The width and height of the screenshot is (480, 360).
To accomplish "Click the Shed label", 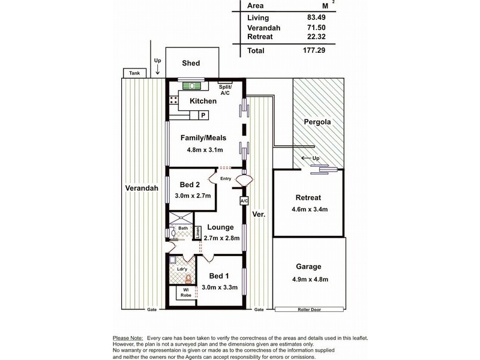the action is click(191, 63).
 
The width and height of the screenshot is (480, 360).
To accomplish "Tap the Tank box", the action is click(134, 73).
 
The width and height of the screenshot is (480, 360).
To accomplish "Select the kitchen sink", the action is click(192, 86).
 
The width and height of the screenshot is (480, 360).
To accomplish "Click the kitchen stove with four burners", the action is click(173, 100).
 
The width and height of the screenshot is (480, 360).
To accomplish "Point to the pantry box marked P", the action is click(203, 115).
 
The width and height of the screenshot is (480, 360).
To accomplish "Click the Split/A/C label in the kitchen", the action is click(225, 89).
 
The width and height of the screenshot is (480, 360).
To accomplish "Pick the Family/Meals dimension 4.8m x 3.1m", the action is click(205, 150).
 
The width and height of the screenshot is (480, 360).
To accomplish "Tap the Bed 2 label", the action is click(190, 185).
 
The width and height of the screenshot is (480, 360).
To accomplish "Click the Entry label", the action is click(226, 178).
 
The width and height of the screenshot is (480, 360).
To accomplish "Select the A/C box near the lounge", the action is click(244, 201).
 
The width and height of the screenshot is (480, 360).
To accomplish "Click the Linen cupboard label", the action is click(198, 232).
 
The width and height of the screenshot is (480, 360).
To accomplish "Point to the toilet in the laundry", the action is click(188, 279).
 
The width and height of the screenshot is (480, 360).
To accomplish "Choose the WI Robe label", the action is click(186, 293).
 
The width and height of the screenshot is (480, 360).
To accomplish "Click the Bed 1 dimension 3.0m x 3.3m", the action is click(220, 287).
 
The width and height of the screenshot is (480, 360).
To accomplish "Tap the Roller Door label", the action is click(309, 310).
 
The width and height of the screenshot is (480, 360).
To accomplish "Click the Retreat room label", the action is click(308, 198).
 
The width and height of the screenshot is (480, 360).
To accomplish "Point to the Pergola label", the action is click(317, 122).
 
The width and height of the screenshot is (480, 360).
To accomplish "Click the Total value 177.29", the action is click(314, 50).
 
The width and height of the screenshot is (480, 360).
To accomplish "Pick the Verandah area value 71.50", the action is click(316, 28).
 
